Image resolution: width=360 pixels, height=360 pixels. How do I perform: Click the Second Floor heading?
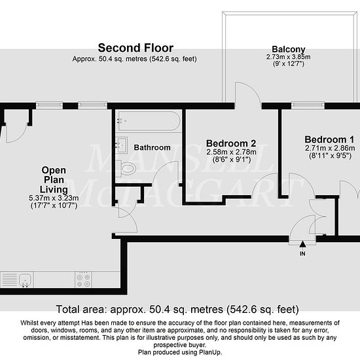tap(135, 48)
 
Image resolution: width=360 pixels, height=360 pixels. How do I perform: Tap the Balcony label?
tap(289, 49)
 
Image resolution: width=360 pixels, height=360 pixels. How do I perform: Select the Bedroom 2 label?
tap(231, 143)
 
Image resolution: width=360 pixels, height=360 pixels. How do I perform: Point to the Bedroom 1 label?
tap(329, 139)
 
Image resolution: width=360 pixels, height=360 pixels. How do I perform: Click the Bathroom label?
tap(152, 147)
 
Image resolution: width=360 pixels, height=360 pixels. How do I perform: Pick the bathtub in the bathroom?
tap(149, 121)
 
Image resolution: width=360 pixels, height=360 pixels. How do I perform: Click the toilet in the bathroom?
tap(126, 169)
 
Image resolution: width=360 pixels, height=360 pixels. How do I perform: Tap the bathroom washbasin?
tap(122, 145)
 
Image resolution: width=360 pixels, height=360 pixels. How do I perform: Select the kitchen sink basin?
tap(25, 279)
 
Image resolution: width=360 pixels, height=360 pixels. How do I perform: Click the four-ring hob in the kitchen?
tap(83, 279)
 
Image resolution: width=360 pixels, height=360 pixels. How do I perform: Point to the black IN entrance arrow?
tap(302, 244)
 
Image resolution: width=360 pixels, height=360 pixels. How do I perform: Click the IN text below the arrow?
tap(302, 253)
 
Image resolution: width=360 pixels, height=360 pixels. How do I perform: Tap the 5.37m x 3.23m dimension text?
tap(54, 198)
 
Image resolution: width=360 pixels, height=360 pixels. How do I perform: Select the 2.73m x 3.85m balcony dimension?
tap(289, 57)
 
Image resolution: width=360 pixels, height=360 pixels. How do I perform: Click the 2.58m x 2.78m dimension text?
tap(231, 152)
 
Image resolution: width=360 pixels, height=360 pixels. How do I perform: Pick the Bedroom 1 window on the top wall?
tap(308, 105)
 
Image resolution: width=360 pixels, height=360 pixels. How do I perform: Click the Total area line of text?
tap(177, 310)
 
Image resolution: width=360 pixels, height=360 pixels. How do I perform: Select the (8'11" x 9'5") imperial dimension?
tap(330, 156)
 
